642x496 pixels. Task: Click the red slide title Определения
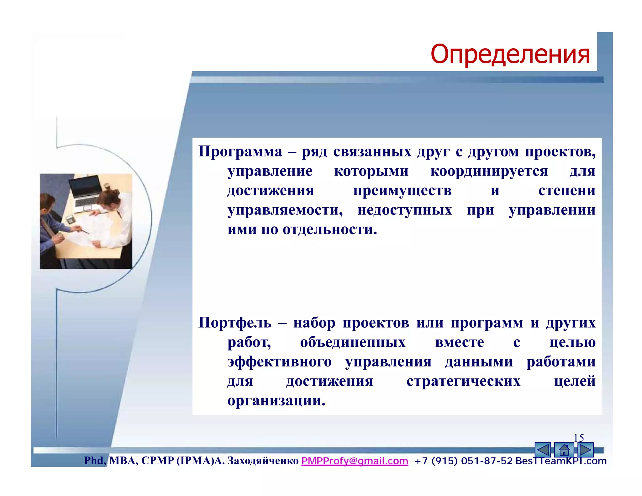[x=510, y=54]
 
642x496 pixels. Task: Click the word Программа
[x=240, y=152]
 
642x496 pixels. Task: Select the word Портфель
[x=235, y=323]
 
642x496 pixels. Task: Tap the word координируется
[x=489, y=171]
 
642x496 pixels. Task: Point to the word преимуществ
[x=402, y=191]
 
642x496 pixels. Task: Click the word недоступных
[x=405, y=210]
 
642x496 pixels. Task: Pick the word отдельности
[x=329, y=230]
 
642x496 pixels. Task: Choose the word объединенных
[x=353, y=342]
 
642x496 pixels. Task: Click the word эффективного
[x=279, y=362]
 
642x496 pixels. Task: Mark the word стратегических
[x=463, y=381]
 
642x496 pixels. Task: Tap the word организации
[x=276, y=401]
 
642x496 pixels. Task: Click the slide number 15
[x=578, y=438]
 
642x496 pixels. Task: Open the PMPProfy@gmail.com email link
[x=355, y=461]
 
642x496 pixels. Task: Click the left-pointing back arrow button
[x=543, y=450]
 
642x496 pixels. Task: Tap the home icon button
[x=564, y=450]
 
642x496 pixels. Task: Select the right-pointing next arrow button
[x=585, y=450]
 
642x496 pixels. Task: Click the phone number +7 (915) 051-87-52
[x=463, y=461]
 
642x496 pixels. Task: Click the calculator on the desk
[x=70, y=219]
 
